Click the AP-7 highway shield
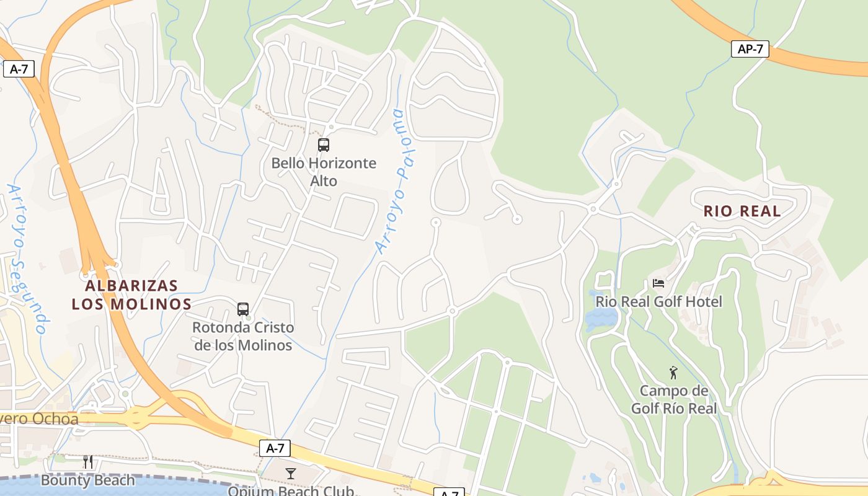pos(750,49)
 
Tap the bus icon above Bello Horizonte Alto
pos(323,145)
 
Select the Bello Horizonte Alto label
pos(324,172)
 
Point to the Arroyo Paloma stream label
pos(396,182)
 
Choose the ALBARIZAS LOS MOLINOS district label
pos(131,295)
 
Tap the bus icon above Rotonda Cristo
pos(243,309)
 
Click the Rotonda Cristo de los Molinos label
pos(243,336)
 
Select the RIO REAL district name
pos(742,211)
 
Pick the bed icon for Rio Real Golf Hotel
pos(658,283)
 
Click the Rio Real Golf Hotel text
pos(659,302)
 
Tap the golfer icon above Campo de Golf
pos(673,373)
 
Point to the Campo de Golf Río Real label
pos(674,399)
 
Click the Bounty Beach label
pos(87,480)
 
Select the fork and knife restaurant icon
pos(87,461)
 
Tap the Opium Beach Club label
pos(291,490)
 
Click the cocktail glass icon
pos(290,474)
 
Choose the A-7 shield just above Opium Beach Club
pos(275,448)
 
